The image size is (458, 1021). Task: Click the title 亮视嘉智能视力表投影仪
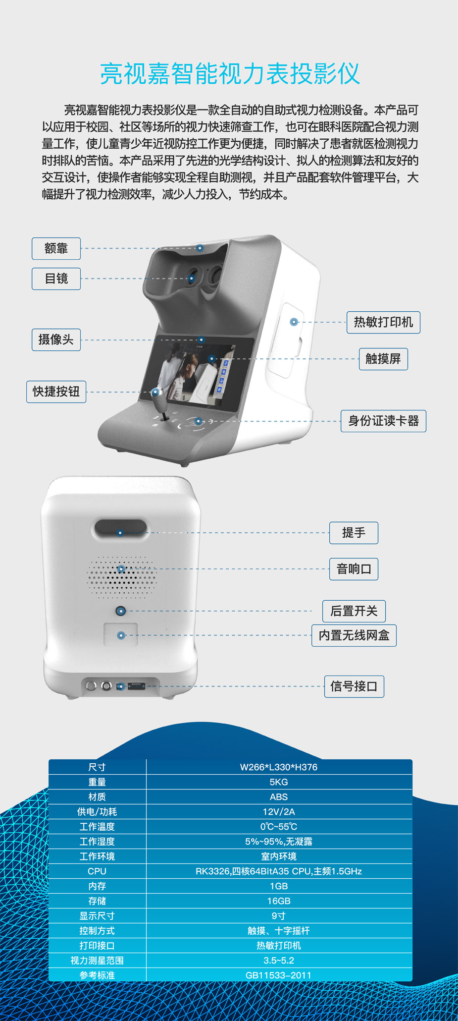click(230, 74)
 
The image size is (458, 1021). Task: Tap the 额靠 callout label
click(56, 248)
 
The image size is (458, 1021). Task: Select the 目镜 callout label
click(56, 279)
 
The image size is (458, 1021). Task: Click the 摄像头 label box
click(56, 340)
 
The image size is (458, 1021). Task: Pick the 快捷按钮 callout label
click(56, 392)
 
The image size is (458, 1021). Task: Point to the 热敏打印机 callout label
click(383, 322)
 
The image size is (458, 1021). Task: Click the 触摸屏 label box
click(383, 359)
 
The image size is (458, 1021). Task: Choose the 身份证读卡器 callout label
click(383, 421)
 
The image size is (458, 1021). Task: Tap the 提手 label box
click(354, 533)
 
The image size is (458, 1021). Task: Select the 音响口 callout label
click(354, 569)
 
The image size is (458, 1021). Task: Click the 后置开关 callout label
click(354, 611)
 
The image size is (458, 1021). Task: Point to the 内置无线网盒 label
click(354, 635)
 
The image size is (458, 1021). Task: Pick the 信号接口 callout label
click(354, 686)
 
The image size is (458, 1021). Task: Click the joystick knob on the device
click(156, 392)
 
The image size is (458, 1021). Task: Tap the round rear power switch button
click(120, 611)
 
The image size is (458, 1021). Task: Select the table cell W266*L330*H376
click(279, 767)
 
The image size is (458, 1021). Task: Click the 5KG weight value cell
click(279, 782)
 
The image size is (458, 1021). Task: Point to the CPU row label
click(97, 871)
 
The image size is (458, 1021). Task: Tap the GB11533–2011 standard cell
click(279, 975)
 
